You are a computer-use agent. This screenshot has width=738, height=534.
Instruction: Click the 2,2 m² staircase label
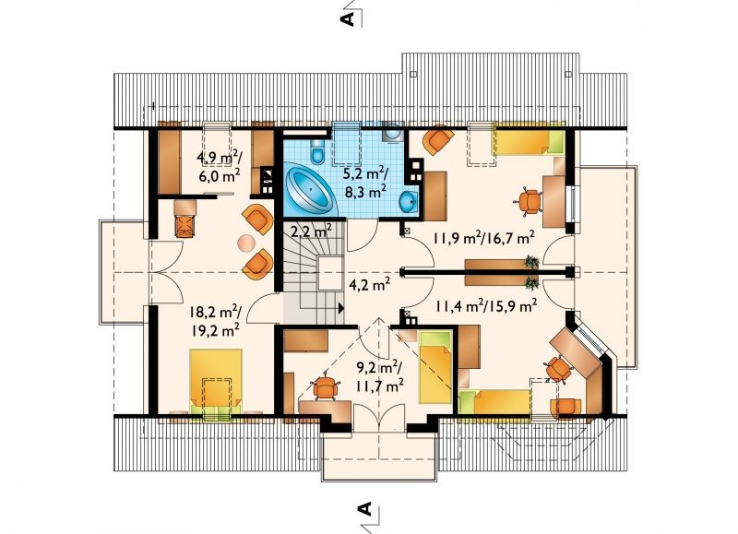tap(311, 231)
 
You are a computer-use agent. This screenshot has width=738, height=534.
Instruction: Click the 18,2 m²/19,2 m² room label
tap(216, 321)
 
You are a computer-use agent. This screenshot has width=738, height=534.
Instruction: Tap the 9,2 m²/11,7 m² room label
tap(379, 377)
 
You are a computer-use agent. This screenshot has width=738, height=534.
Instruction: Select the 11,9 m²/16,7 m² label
tap(483, 238)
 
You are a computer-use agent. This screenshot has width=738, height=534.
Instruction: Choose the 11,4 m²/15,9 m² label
tap(486, 307)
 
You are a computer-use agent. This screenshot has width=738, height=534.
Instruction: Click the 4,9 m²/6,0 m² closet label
tap(220, 167)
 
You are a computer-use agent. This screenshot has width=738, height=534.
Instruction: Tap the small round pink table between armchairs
tap(245, 243)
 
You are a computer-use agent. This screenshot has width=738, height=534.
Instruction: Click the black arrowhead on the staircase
tap(341, 308)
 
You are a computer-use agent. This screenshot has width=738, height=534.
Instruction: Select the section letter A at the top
tap(348, 18)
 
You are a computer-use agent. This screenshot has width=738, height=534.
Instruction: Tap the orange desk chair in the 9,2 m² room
tap(325, 386)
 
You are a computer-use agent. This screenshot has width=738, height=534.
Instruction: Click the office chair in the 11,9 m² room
tap(529, 201)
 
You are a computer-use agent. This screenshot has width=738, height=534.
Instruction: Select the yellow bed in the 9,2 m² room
tap(435, 367)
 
